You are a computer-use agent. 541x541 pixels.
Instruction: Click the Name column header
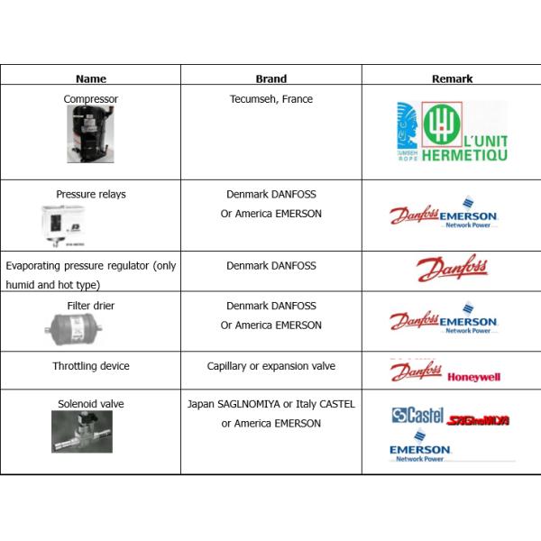[90, 78]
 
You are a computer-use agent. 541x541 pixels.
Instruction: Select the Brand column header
[270, 78]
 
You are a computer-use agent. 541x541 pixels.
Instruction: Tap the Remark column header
[452, 78]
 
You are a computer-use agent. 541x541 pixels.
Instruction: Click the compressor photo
[90, 134]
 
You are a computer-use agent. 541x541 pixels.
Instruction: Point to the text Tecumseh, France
[270, 99]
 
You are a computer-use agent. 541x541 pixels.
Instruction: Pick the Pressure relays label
[90, 194]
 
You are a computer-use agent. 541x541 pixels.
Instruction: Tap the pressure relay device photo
[70, 222]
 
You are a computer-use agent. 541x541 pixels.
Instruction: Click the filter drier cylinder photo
[73, 331]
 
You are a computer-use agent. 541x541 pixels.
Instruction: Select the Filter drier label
[90, 307]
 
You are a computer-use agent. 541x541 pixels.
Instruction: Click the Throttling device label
[90, 366]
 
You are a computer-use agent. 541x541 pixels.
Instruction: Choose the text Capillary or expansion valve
[270, 366]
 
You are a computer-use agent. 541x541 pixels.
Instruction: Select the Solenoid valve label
[90, 404]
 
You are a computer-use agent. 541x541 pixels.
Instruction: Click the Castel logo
[418, 416]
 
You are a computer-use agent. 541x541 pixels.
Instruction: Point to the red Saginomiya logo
[480, 419]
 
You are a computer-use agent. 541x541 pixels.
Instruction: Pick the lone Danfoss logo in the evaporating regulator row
[451, 269]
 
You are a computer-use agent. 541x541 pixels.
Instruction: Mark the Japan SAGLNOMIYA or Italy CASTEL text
[270, 404]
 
